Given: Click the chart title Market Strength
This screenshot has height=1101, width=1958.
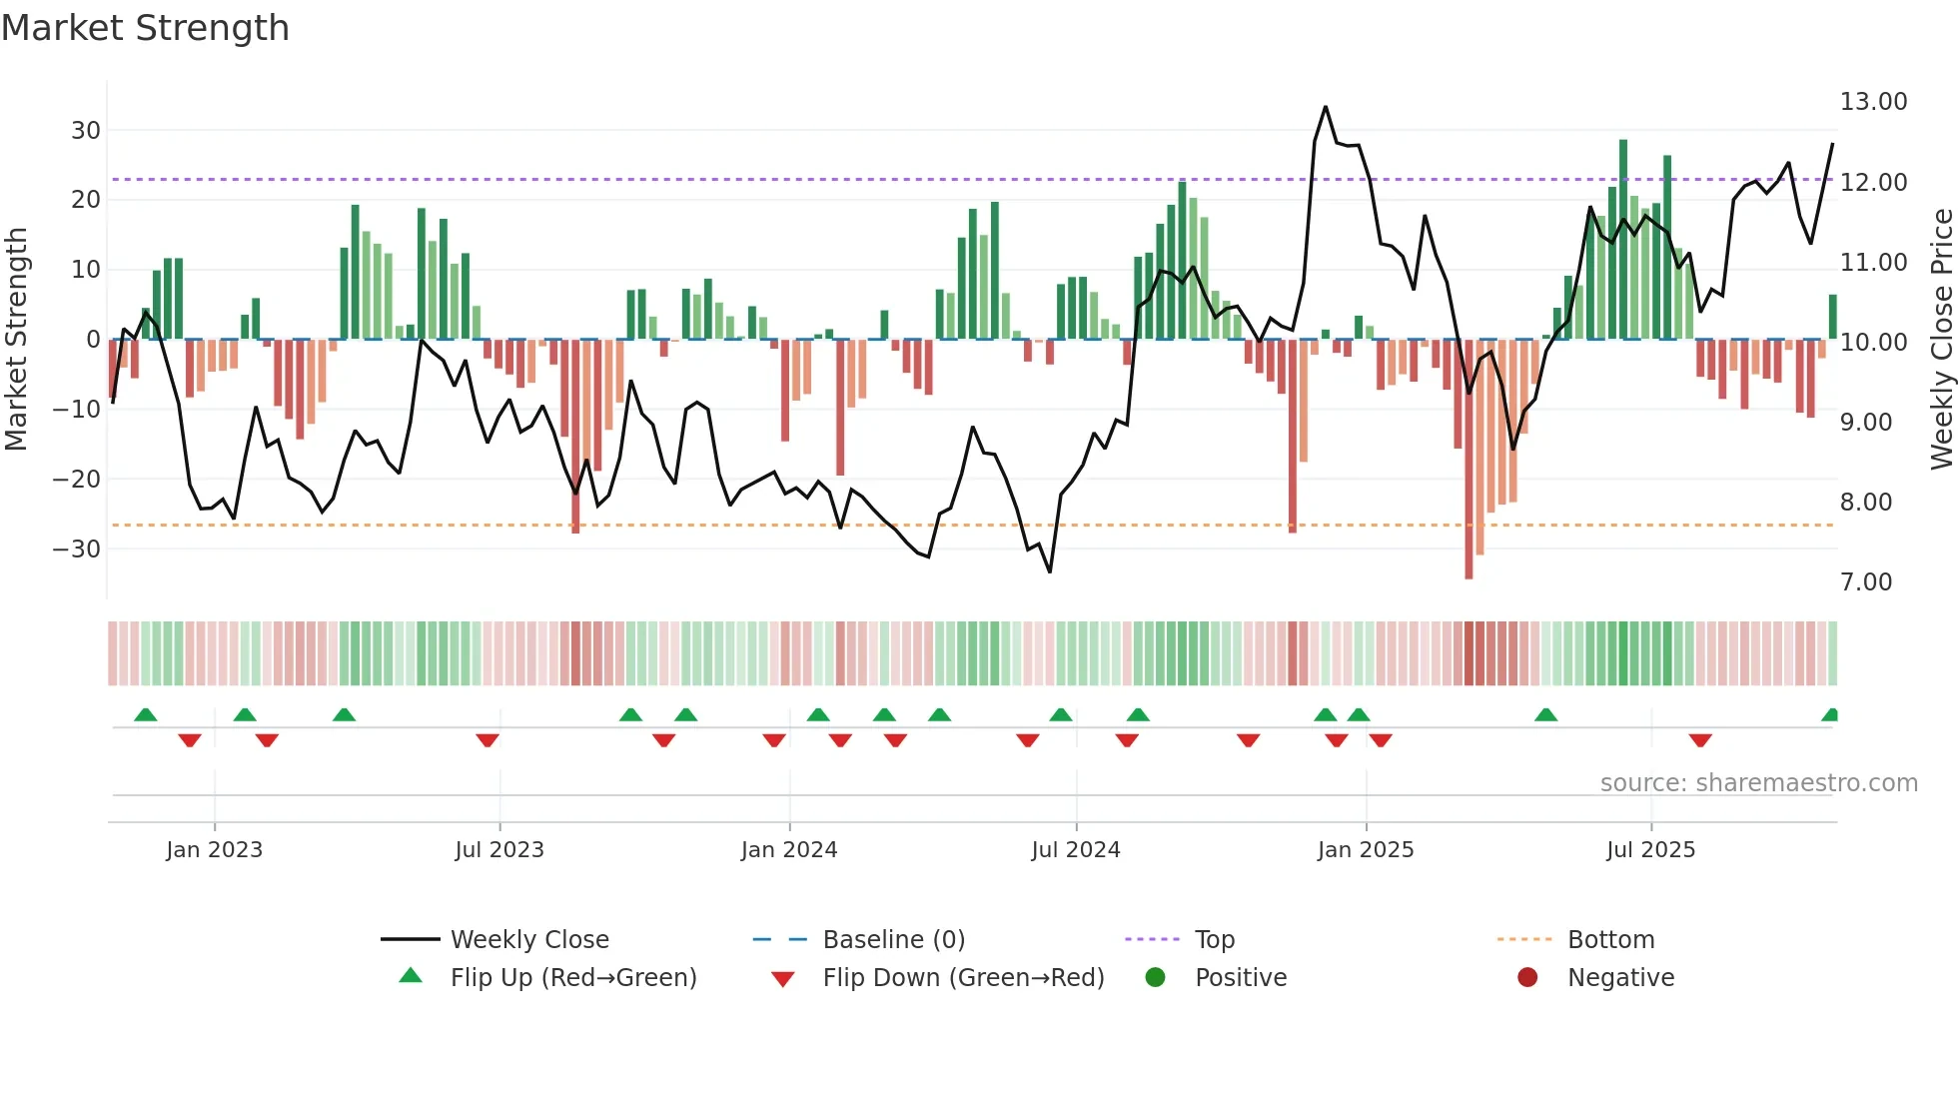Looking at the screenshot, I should click(x=145, y=28).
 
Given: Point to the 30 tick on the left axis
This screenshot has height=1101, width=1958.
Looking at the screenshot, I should click(x=86, y=130).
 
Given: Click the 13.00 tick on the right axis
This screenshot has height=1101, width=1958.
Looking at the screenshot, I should click(x=1873, y=102).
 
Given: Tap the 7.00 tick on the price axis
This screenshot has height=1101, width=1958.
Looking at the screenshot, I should click(x=1866, y=582).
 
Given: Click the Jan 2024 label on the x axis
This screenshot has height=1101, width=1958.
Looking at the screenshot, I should click(x=788, y=850).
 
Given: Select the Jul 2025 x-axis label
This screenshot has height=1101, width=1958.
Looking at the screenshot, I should click(x=1650, y=850).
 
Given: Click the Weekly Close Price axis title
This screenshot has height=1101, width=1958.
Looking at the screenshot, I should click(x=1941, y=340).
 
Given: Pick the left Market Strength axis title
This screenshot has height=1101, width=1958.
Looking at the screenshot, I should click(x=16, y=340).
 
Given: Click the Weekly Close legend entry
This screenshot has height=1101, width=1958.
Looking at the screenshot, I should click(x=528, y=940).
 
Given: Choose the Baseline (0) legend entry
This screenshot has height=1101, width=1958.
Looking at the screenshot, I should click(x=893, y=940).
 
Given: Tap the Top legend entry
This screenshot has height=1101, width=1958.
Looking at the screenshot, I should click(x=1214, y=940).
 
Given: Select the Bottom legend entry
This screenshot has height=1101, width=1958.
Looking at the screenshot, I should click(x=1610, y=940).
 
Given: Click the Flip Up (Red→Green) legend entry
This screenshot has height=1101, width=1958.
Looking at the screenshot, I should click(x=572, y=978).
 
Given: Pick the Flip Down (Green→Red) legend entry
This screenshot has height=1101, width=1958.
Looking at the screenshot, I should click(x=963, y=978).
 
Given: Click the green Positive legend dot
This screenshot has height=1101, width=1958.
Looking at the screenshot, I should click(x=1156, y=978).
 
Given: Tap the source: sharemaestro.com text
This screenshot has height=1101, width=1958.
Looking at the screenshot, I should click(x=1758, y=783).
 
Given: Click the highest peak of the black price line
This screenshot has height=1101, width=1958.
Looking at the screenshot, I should click(x=1326, y=107).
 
